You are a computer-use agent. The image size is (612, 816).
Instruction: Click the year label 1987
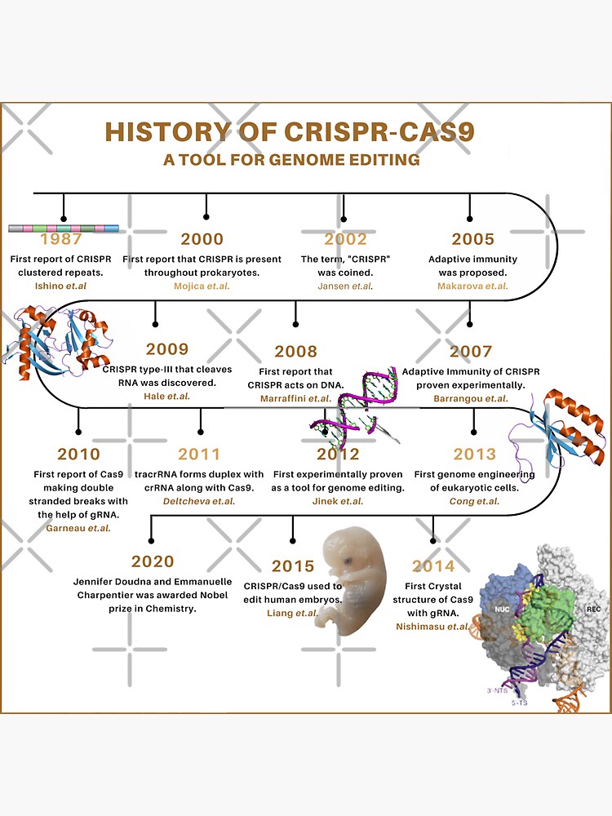click(x=60, y=240)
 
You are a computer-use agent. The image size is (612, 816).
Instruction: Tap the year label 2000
click(x=202, y=239)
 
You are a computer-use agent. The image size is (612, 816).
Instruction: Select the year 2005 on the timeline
click(x=472, y=239)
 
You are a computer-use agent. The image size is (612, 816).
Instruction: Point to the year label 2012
click(x=339, y=455)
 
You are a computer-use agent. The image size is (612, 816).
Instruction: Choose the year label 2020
click(x=153, y=561)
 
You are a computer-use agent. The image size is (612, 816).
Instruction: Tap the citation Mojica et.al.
click(x=202, y=286)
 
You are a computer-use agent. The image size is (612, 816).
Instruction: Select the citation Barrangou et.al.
click(x=472, y=398)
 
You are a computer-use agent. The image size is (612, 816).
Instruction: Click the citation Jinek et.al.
click(x=339, y=501)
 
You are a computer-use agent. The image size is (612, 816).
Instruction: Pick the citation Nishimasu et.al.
click(x=433, y=627)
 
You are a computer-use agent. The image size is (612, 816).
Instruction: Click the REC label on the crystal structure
click(x=593, y=609)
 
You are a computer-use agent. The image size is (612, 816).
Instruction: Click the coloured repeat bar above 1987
click(x=63, y=228)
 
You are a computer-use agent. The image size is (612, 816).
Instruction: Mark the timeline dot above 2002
click(x=344, y=218)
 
